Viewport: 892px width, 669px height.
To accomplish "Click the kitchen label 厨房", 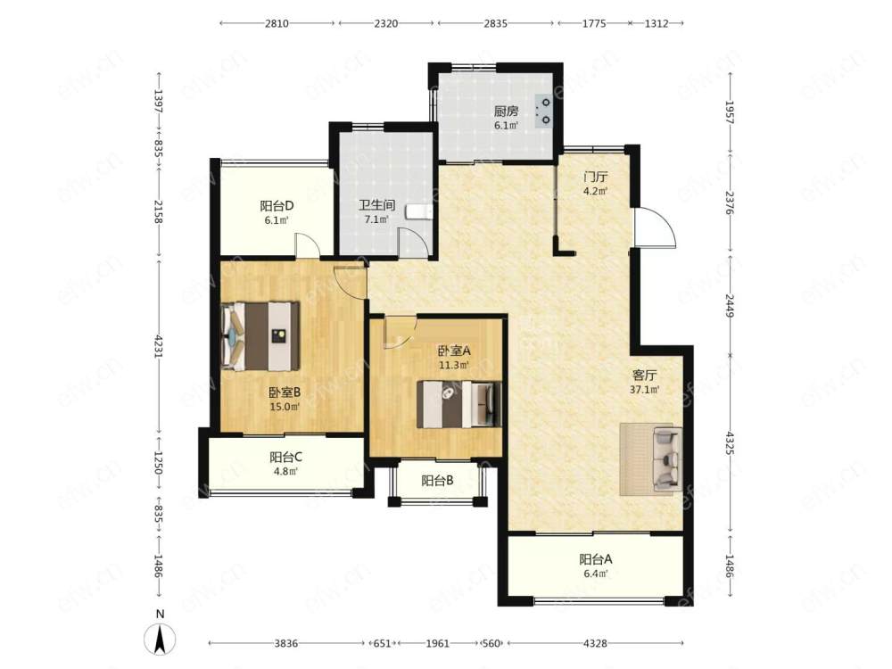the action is [506, 111].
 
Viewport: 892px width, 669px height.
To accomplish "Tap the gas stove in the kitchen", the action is [544, 111].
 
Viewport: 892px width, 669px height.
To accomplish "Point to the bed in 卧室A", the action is [459, 404].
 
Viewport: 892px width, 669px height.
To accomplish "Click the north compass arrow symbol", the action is [161, 639].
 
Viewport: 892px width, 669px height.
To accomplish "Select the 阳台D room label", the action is [277, 205].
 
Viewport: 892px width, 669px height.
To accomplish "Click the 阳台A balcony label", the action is [596, 559].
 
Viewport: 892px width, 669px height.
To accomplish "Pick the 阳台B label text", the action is [437, 481].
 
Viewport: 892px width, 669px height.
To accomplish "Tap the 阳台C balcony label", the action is [285, 457].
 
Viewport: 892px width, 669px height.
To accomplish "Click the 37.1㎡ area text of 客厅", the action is [645, 391].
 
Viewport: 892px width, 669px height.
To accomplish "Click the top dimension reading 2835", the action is [495, 23].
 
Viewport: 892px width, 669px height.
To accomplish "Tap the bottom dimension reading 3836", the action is [286, 643].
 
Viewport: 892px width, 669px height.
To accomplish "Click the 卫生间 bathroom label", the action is [376, 205].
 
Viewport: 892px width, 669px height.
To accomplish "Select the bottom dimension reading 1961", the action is [438, 643].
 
